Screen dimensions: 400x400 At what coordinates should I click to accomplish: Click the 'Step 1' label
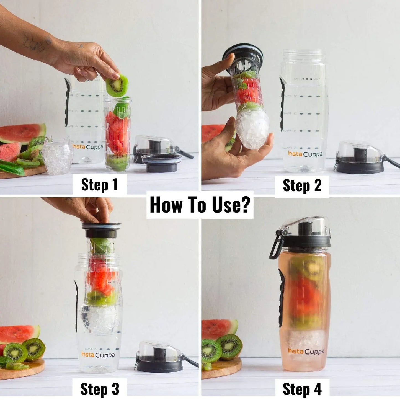(99, 185)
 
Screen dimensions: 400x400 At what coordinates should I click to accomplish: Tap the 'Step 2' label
(302, 185)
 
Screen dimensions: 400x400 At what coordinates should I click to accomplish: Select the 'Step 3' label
(100, 389)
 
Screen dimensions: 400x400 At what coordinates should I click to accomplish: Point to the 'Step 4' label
(302, 389)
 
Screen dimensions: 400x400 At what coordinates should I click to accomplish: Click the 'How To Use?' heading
(200, 205)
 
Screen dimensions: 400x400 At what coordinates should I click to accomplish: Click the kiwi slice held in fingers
(117, 85)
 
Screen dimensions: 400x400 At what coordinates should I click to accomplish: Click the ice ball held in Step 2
(252, 128)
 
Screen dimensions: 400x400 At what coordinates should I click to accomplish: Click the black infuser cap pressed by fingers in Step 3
(101, 229)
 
